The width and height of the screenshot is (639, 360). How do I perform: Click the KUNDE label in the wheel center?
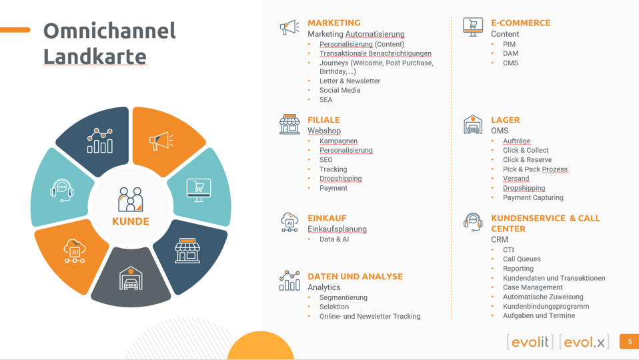(x=131, y=221)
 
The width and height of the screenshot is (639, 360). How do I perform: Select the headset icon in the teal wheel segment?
(x=62, y=190)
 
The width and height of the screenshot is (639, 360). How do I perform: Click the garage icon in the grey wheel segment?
(x=131, y=279)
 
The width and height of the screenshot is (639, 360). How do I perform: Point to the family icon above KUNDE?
(x=131, y=199)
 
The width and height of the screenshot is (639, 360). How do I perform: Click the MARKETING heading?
(x=334, y=23)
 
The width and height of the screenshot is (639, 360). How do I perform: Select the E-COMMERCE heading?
(x=520, y=23)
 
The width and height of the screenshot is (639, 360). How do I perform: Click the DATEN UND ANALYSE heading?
(x=355, y=277)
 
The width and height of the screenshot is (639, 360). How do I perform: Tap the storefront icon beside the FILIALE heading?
(x=289, y=124)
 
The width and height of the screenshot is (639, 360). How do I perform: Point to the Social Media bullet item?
(x=340, y=90)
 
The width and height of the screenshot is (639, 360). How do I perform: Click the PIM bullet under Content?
(x=509, y=44)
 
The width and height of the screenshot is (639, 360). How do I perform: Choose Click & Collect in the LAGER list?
(x=526, y=150)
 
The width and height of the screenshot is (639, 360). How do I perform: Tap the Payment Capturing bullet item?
(x=533, y=197)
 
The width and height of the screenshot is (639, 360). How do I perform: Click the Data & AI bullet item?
(x=334, y=239)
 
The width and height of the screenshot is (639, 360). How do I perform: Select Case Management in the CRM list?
(x=533, y=287)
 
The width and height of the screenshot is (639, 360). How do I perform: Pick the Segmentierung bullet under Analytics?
(x=343, y=298)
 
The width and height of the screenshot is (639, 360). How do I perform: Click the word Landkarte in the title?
(x=95, y=56)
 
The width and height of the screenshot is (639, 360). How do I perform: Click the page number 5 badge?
(x=630, y=342)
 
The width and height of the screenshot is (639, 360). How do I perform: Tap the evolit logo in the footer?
(x=530, y=342)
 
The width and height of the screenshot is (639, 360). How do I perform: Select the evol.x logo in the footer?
(x=584, y=342)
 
